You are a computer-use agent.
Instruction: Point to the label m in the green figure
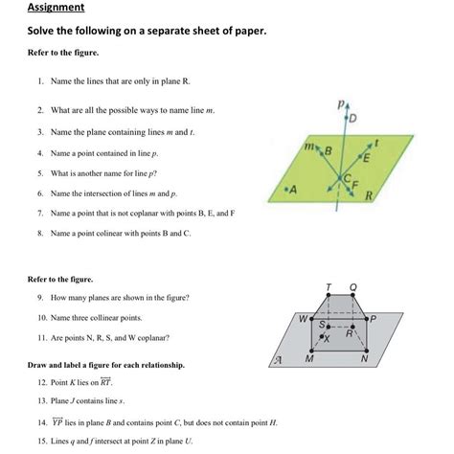pyautogui.click(x=308, y=147)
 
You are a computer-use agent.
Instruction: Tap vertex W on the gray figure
pyautogui.click(x=303, y=317)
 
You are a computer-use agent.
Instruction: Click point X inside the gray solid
pyautogui.click(x=329, y=339)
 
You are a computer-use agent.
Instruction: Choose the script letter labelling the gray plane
pyautogui.click(x=276, y=360)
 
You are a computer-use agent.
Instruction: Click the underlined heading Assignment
pyautogui.click(x=56, y=8)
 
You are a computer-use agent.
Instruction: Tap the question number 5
pyautogui.click(x=40, y=173)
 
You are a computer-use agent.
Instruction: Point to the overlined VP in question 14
pyautogui.click(x=57, y=420)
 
